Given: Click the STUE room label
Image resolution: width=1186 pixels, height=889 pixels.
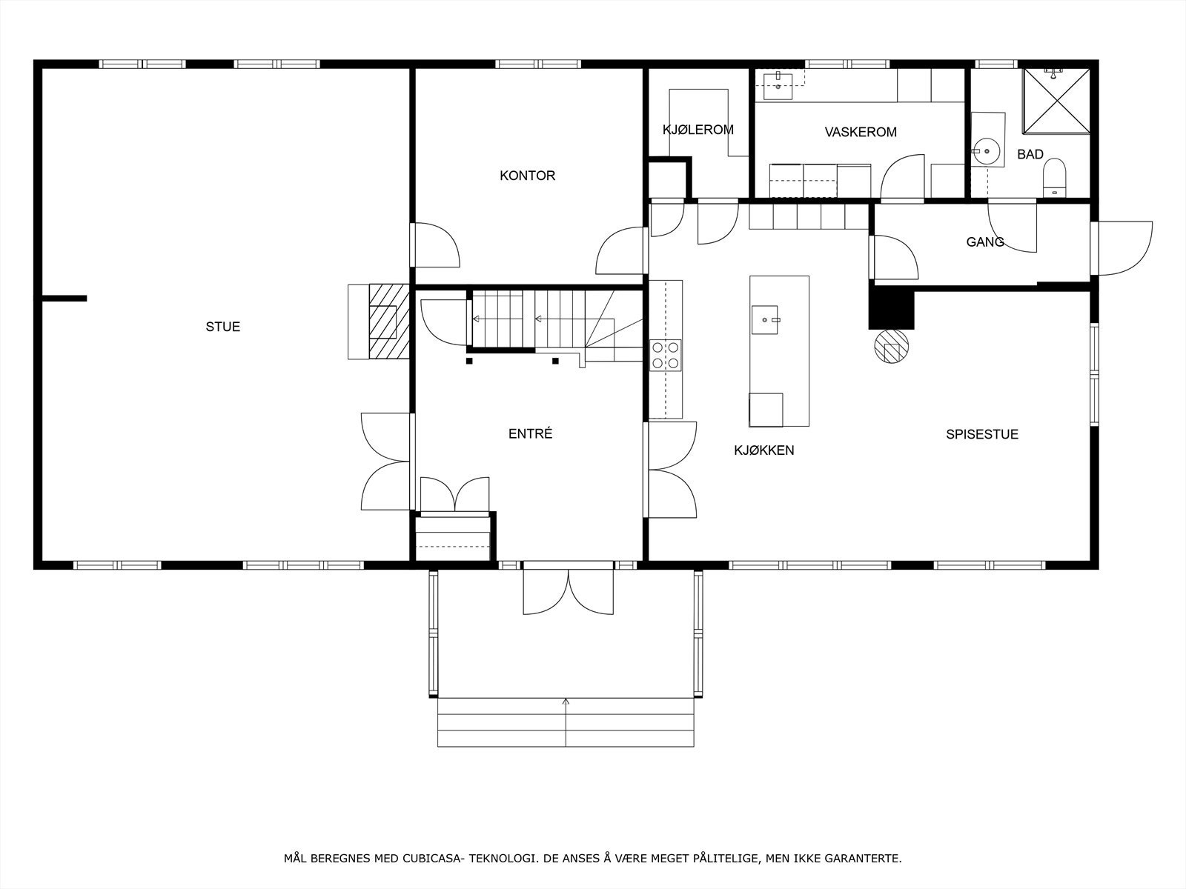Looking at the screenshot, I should pos(223,327).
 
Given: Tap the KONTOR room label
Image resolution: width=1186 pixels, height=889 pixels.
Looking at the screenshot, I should pos(527,176).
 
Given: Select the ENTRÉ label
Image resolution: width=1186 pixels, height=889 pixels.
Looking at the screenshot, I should pos(530,434).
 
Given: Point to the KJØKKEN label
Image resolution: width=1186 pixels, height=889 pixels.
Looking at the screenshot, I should pos(764,450).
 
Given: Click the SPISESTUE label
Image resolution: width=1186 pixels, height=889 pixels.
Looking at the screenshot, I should pos(981,434).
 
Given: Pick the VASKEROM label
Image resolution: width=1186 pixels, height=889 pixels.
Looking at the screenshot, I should pos(861,133).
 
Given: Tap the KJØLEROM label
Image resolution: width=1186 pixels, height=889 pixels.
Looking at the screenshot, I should pos(698,130).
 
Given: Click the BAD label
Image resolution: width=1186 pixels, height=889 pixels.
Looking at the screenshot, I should pos(1030,154).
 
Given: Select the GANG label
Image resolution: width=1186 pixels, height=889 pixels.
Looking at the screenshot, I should pos(985,242).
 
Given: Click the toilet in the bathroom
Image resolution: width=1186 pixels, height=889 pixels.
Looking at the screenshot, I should pos(1053,178).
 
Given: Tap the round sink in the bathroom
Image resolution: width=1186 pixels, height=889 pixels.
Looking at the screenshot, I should pos(986,151).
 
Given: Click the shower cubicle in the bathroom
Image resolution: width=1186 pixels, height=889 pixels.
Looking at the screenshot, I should pos(1056,101).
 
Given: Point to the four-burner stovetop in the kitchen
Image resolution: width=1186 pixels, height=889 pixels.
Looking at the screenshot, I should pos(665,355).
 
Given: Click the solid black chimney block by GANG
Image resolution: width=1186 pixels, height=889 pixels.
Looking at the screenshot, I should pos(892,307).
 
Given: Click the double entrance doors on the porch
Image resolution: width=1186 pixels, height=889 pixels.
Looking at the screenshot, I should pos(569,590).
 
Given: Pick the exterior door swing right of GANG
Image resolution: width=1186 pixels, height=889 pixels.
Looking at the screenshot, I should pos(1124,247).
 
